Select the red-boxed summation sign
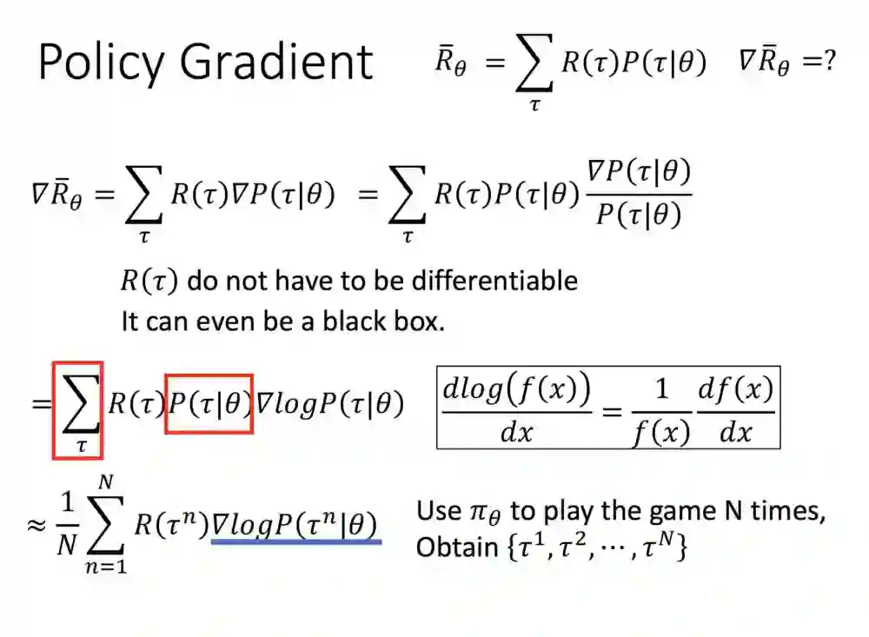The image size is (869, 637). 78,408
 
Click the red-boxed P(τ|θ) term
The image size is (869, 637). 209,404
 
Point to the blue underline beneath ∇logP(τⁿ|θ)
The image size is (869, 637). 296,541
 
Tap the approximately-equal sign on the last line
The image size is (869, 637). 35,526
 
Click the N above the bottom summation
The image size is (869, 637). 106,481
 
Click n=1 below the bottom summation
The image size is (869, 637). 106,570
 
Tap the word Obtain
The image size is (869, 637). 447,548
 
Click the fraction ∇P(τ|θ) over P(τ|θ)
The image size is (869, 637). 641,192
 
